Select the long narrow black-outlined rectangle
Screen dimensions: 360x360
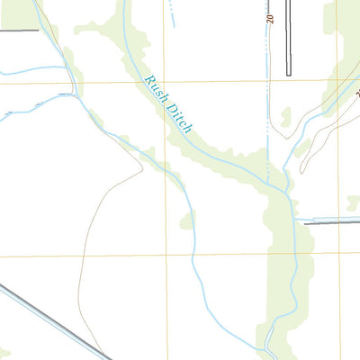click(x=289, y=36)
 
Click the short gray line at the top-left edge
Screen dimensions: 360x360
click(x=19, y=30)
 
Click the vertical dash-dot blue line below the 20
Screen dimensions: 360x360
click(x=267, y=99)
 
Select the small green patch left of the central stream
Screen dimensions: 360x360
click(x=187, y=220)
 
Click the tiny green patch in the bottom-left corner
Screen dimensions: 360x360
click(x=4, y=352)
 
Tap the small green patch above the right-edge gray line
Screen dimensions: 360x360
click(x=353, y=203)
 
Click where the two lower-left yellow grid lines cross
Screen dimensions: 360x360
click(x=166, y=256)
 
